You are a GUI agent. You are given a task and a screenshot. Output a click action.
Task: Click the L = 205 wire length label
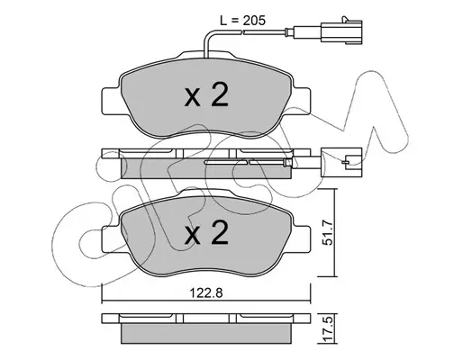point(242,21)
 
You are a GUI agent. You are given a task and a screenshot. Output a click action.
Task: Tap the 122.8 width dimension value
point(206,292)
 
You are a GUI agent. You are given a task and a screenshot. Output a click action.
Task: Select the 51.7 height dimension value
point(328,232)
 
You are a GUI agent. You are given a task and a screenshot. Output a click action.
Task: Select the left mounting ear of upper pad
point(111,101)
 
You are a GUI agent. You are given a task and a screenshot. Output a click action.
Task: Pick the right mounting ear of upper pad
point(301,101)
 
